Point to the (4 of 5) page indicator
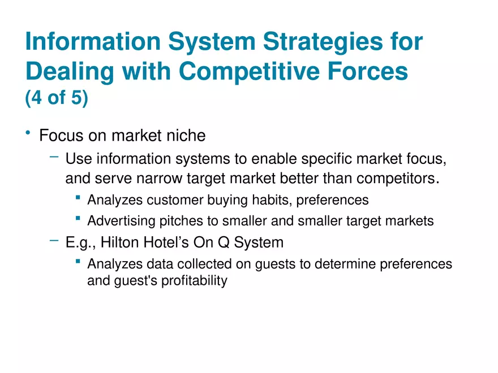57,98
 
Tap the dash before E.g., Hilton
54,241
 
